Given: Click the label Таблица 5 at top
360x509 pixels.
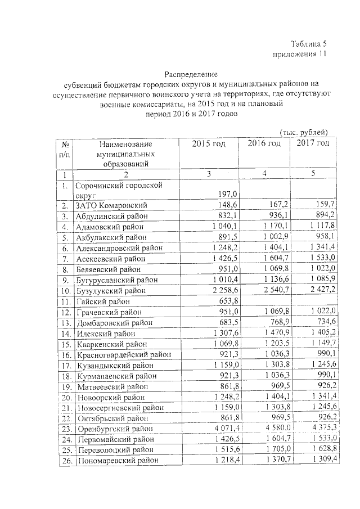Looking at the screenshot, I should pos(308,44).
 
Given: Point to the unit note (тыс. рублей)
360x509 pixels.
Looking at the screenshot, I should pos(304,132).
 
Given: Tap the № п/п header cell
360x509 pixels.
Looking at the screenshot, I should pos(65,148).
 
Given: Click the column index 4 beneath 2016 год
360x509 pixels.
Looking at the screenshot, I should pos(264,175).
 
